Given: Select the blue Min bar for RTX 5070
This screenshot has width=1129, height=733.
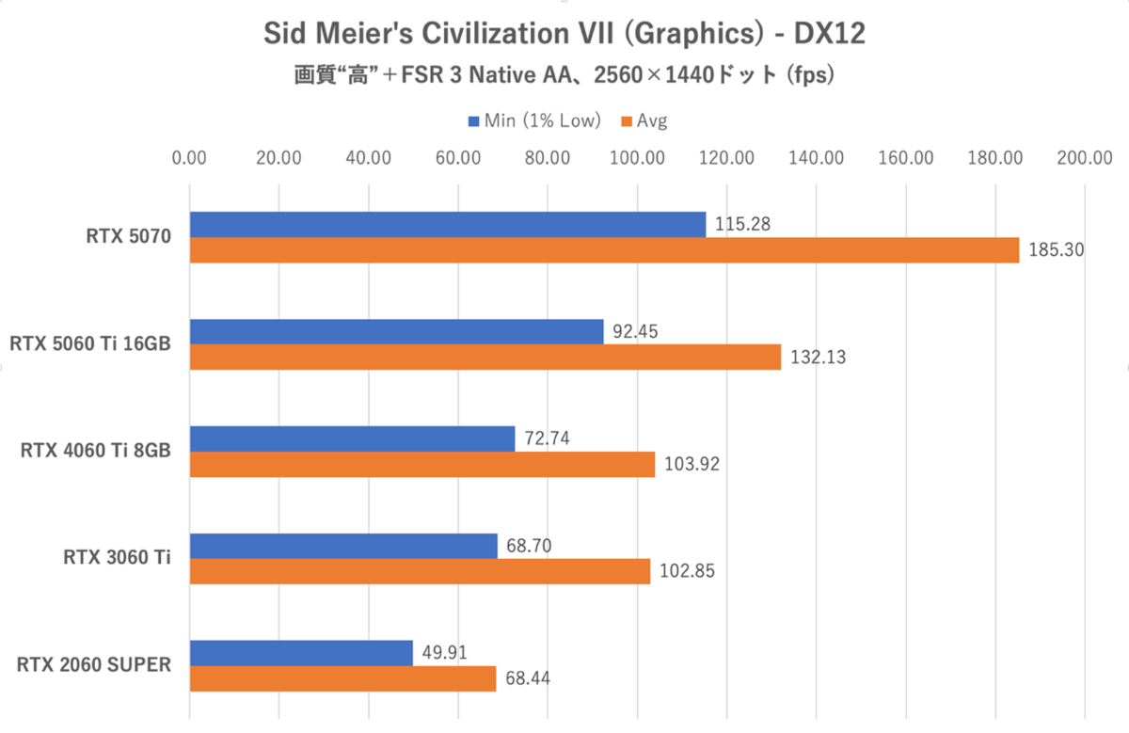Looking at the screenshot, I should tap(448, 224).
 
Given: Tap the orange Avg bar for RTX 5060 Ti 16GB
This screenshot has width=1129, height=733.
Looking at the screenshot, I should tap(485, 358).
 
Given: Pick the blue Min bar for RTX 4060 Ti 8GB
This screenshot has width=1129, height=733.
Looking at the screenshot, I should tap(353, 438).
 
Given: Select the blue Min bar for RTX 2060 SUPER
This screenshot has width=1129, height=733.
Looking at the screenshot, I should tap(302, 653).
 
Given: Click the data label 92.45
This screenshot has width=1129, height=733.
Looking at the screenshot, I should tap(634, 331).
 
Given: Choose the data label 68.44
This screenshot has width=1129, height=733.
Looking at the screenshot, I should tap(526, 679).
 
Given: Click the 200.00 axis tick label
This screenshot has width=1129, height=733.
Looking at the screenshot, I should tap(1084, 158).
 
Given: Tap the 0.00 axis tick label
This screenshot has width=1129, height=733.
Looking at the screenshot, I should tap(190, 158).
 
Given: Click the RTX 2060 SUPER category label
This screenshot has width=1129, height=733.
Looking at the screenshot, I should tap(94, 665).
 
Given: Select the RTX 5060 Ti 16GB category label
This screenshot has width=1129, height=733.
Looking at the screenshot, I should tap(90, 343).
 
